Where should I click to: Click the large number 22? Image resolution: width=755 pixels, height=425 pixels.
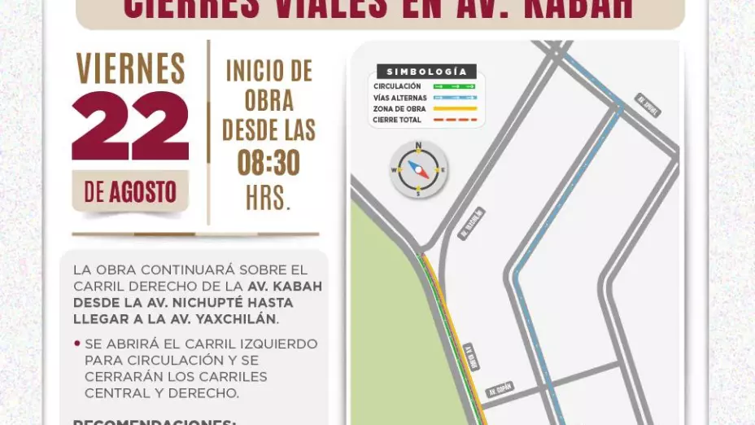(x=130, y=126)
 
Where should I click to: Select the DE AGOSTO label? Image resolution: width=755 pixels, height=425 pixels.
(x=130, y=192)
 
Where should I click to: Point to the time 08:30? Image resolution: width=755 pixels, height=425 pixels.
(x=268, y=164)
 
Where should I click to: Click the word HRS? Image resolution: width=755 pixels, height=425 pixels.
(x=268, y=198)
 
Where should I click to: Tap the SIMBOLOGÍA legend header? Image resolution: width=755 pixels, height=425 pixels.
(x=426, y=72)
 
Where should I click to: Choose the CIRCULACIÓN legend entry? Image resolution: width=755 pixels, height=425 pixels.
(x=397, y=86)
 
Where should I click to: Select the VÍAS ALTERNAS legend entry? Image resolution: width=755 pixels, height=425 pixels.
(x=399, y=98)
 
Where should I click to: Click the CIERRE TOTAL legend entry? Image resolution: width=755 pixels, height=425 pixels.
(x=398, y=120)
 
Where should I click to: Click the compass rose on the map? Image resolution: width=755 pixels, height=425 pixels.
(x=418, y=169)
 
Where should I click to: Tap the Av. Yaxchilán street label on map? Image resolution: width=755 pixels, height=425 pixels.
(x=471, y=223)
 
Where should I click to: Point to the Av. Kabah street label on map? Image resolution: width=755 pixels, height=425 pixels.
(x=472, y=357)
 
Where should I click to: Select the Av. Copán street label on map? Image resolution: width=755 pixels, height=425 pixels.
(x=500, y=390)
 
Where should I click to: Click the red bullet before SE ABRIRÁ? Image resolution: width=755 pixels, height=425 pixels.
(x=77, y=344)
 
